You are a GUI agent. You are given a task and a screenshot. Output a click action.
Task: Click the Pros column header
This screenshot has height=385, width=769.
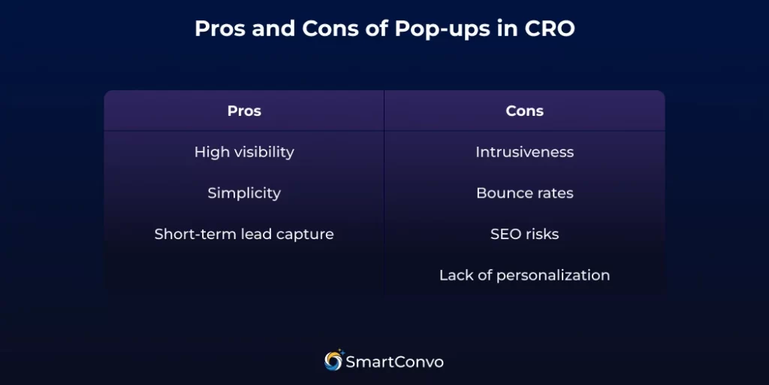click(244, 111)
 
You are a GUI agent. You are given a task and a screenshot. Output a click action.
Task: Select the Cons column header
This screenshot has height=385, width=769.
click(524, 111)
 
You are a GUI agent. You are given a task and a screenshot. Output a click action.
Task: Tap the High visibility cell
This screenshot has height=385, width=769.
click(244, 152)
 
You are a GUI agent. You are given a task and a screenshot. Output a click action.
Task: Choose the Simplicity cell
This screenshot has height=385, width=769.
click(244, 193)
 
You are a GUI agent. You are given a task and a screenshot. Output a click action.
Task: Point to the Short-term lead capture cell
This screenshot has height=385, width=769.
click(244, 234)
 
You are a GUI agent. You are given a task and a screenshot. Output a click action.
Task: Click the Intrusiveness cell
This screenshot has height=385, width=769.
click(524, 152)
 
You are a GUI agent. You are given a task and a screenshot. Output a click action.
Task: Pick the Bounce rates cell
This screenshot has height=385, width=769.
click(524, 193)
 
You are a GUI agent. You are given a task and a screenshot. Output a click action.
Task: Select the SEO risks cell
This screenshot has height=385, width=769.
click(524, 234)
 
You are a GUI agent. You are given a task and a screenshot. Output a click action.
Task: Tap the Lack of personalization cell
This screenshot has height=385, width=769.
click(524, 275)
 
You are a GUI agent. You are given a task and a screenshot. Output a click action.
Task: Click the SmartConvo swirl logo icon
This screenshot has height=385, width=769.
click(333, 361)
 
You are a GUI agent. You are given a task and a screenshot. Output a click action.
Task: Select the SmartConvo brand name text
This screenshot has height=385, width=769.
click(395, 362)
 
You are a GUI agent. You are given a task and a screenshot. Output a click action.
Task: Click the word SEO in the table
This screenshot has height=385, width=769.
click(505, 234)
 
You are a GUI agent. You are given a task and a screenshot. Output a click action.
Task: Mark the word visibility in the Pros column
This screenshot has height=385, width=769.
click(264, 152)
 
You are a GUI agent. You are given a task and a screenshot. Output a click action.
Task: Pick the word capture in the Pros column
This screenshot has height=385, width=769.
click(308, 235)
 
